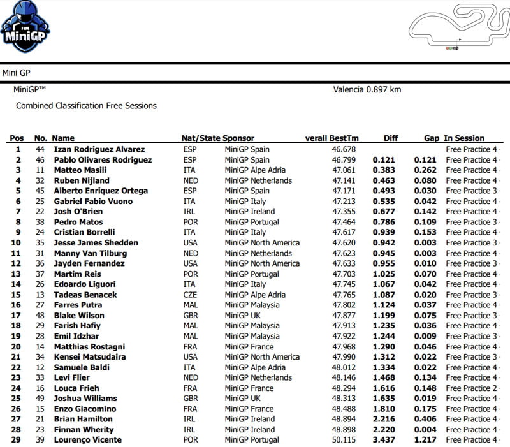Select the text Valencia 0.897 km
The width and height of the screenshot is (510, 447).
pos(367,90)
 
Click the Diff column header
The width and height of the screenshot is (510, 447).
pos(391,138)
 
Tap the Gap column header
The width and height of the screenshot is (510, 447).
pos(432,138)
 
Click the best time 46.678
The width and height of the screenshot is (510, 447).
pos(344,150)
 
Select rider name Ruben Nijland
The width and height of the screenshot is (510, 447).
pos(82,180)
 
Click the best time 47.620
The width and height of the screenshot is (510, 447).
pos(344,243)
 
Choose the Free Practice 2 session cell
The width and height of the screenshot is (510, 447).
pos(471,388)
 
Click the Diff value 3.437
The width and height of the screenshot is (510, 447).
pos(384,440)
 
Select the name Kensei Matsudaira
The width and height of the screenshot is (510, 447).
pos(89,357)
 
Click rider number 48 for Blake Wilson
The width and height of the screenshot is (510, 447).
pos(40,316)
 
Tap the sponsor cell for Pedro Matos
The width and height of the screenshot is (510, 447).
pos(252,222)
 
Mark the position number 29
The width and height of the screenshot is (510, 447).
pos(17,440)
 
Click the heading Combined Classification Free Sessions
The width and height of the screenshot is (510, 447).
pos(86,106)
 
